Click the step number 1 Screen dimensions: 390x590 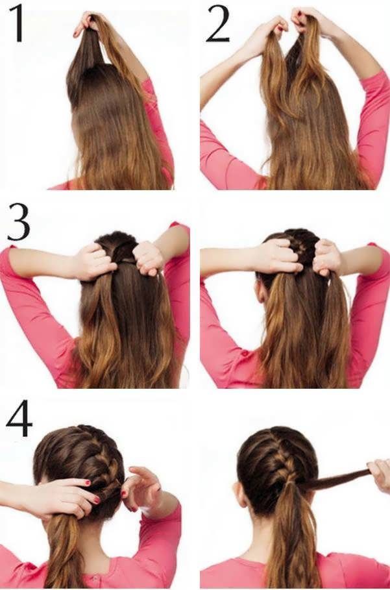[x=17, y=23]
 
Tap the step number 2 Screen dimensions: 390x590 [x=217, y=24]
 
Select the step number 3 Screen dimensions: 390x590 [x=18, y=221]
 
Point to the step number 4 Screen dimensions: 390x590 [x=19, y=418]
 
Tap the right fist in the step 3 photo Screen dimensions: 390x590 [x=149, y=258]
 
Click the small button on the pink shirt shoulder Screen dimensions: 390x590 [x=245, y=353]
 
